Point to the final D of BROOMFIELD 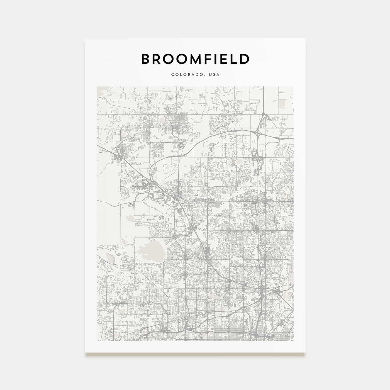coord(244,59)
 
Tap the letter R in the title coord(154,59)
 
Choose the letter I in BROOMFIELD coord(212,59)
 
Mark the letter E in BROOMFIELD coord(221,59)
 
